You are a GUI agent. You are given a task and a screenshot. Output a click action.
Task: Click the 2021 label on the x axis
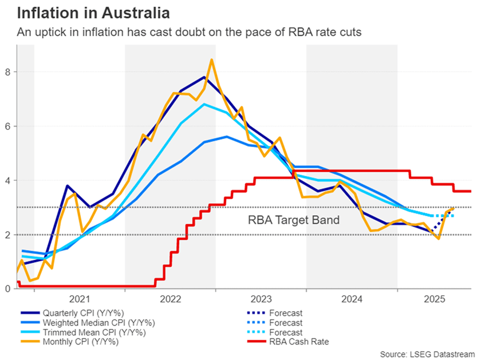(80, 299)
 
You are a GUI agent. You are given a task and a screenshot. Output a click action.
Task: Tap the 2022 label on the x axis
(170, 299)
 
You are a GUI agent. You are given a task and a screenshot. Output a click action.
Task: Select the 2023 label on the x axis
(261, 299)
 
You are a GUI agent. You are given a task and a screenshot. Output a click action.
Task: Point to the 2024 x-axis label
(352, 299)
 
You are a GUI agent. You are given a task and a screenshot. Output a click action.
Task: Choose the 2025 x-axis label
(433, 299)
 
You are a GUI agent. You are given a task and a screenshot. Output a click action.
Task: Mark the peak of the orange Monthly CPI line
(212, 60)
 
